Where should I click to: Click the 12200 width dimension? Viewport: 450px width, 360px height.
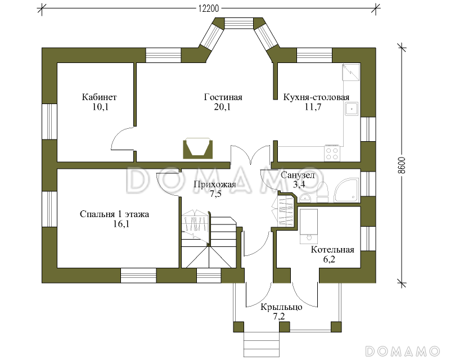click(x=209, y=8)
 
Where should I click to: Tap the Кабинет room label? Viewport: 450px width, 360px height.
click(x=100, y=97)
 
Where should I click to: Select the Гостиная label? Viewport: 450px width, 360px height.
click(x=223, y=97)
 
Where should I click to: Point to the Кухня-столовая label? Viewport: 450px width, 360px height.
click(x=316, y=97)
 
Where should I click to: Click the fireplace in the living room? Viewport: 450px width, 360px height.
click(x=198, y=148)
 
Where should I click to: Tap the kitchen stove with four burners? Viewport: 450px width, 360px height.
click(x=332, y=154)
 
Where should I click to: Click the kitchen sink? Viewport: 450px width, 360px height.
click(x=351, y=109)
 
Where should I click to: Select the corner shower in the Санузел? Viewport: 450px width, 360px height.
click(x=346, y=190)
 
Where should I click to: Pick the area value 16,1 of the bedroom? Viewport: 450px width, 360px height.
click(x=121, y=224)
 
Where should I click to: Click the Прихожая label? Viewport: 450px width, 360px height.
click(x=215, y=184)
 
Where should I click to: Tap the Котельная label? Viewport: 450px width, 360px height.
click(x=332, y=250)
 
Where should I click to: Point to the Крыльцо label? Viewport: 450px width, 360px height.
click(x=281, y=307)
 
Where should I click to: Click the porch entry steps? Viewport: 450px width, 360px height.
click(x=262, y=344)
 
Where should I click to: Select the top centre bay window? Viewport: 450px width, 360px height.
click(x=239, y=23)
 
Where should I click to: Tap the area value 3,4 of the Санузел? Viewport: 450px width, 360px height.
click(x=299, y=184)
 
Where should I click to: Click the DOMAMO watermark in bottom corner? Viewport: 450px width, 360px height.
click(x=402, y=351)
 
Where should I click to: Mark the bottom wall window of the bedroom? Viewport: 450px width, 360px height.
click(x=138, y=276)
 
